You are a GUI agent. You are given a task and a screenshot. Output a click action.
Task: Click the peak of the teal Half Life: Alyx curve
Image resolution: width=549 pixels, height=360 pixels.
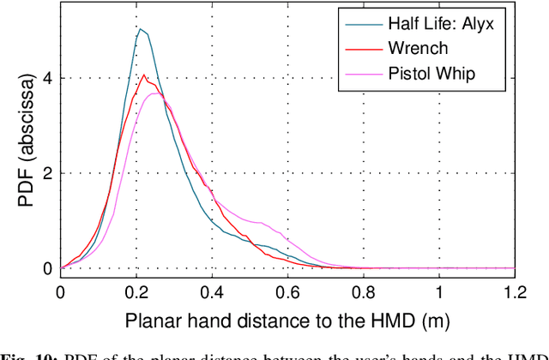[141, 29]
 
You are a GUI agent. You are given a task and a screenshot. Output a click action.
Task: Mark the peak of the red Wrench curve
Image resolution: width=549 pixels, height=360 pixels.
[144, 75]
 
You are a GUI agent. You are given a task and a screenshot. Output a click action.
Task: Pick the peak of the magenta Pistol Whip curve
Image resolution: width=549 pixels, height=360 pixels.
[154, 93]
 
